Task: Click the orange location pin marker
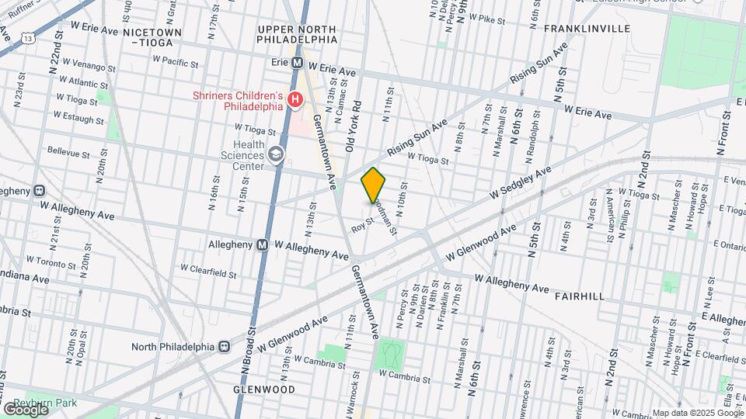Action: point(374,185)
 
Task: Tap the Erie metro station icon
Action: point(296,62)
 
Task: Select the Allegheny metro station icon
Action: point(263,244)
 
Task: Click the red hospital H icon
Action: point(295,99)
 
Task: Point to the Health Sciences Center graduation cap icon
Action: point(275,155)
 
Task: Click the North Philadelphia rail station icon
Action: point(225,346)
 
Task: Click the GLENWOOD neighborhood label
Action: point(264,389)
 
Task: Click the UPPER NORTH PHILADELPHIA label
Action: point(298,33)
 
